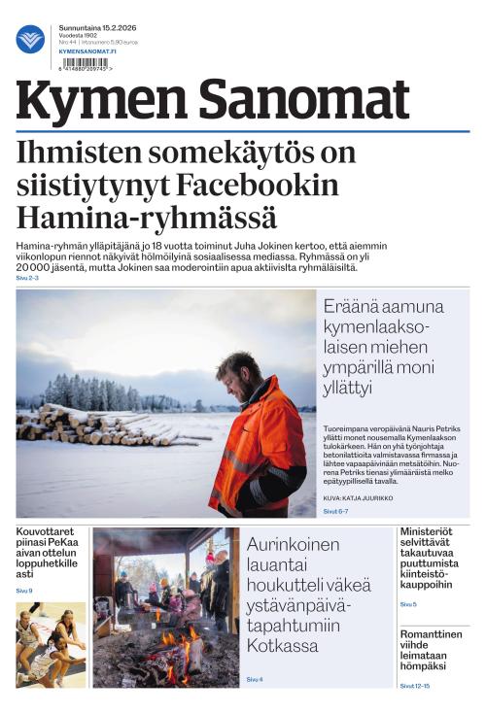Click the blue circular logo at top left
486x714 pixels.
pos(30,39)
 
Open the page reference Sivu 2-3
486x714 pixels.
pos(27,278)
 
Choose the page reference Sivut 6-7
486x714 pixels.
pos(335,510)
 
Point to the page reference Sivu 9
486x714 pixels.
pos(24,591)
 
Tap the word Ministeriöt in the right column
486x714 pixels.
pos(432,532)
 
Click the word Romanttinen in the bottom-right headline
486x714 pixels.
pos(433,635)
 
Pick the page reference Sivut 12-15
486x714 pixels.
pos(415,686)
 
